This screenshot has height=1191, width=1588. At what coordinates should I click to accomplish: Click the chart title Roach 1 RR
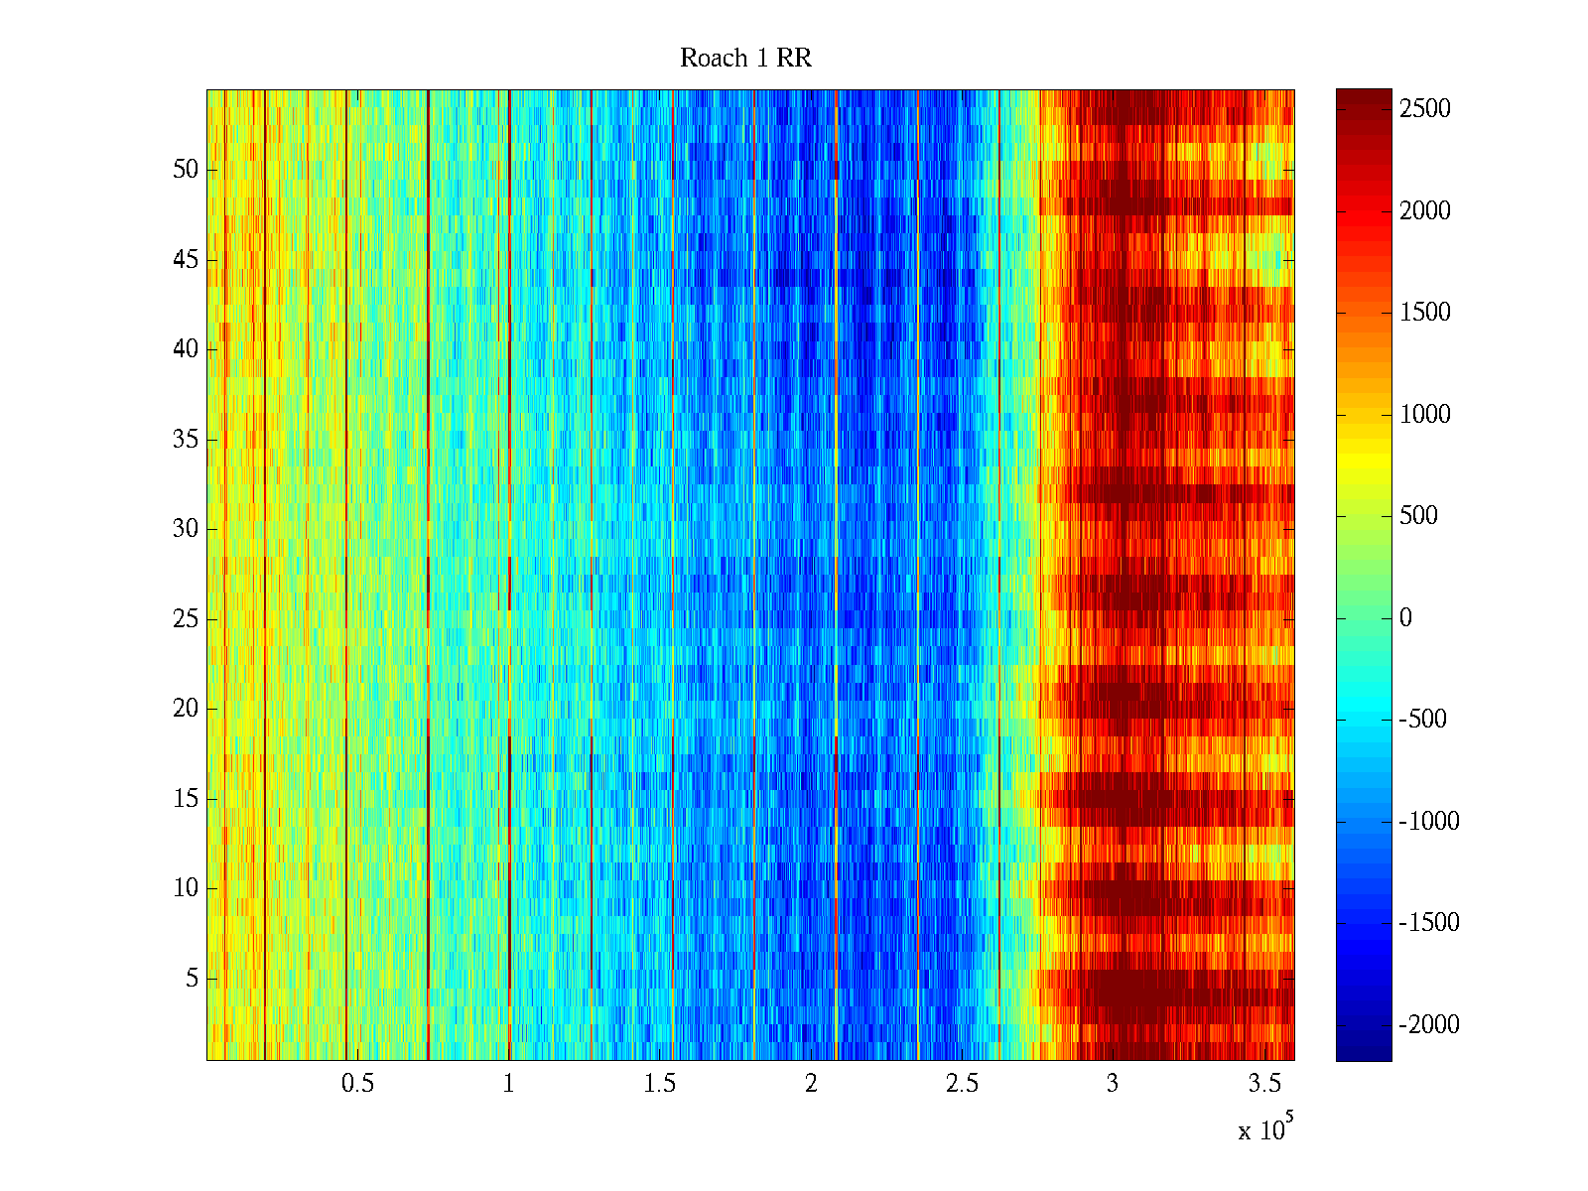[745, 59]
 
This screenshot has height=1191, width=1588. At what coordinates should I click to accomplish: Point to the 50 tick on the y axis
[186, 170]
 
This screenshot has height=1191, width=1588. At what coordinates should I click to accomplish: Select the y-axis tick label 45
[186, 260]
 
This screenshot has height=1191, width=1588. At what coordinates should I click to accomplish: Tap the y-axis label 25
[186, 619]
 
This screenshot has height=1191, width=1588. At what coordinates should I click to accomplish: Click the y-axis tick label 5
[192, 979]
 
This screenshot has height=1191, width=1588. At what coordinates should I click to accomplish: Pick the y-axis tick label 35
[186, 440]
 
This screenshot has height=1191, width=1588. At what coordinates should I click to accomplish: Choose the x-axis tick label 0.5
[357, 1084]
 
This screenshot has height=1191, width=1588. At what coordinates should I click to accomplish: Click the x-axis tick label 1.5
[659, 1084]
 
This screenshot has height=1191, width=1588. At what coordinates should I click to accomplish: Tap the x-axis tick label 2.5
[962, 1084]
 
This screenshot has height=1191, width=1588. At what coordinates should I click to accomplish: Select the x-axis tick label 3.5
[1263, 1084]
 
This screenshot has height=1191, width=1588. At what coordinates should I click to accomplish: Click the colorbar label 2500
[1424, 109]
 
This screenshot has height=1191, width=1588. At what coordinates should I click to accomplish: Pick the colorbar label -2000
[1428, 1025]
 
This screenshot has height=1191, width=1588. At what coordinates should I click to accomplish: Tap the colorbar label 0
[1405, 618]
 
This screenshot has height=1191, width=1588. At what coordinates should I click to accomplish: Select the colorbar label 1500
[1424, 313]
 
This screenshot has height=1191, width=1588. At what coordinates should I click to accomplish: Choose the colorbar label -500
[1422, 720]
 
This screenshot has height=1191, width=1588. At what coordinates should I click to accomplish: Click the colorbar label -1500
[1428, 923]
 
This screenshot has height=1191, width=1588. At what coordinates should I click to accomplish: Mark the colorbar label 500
[1418, 516]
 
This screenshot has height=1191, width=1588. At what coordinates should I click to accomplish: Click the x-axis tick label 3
[1113, 1084]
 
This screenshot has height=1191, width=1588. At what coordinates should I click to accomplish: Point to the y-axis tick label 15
[186, 799]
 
